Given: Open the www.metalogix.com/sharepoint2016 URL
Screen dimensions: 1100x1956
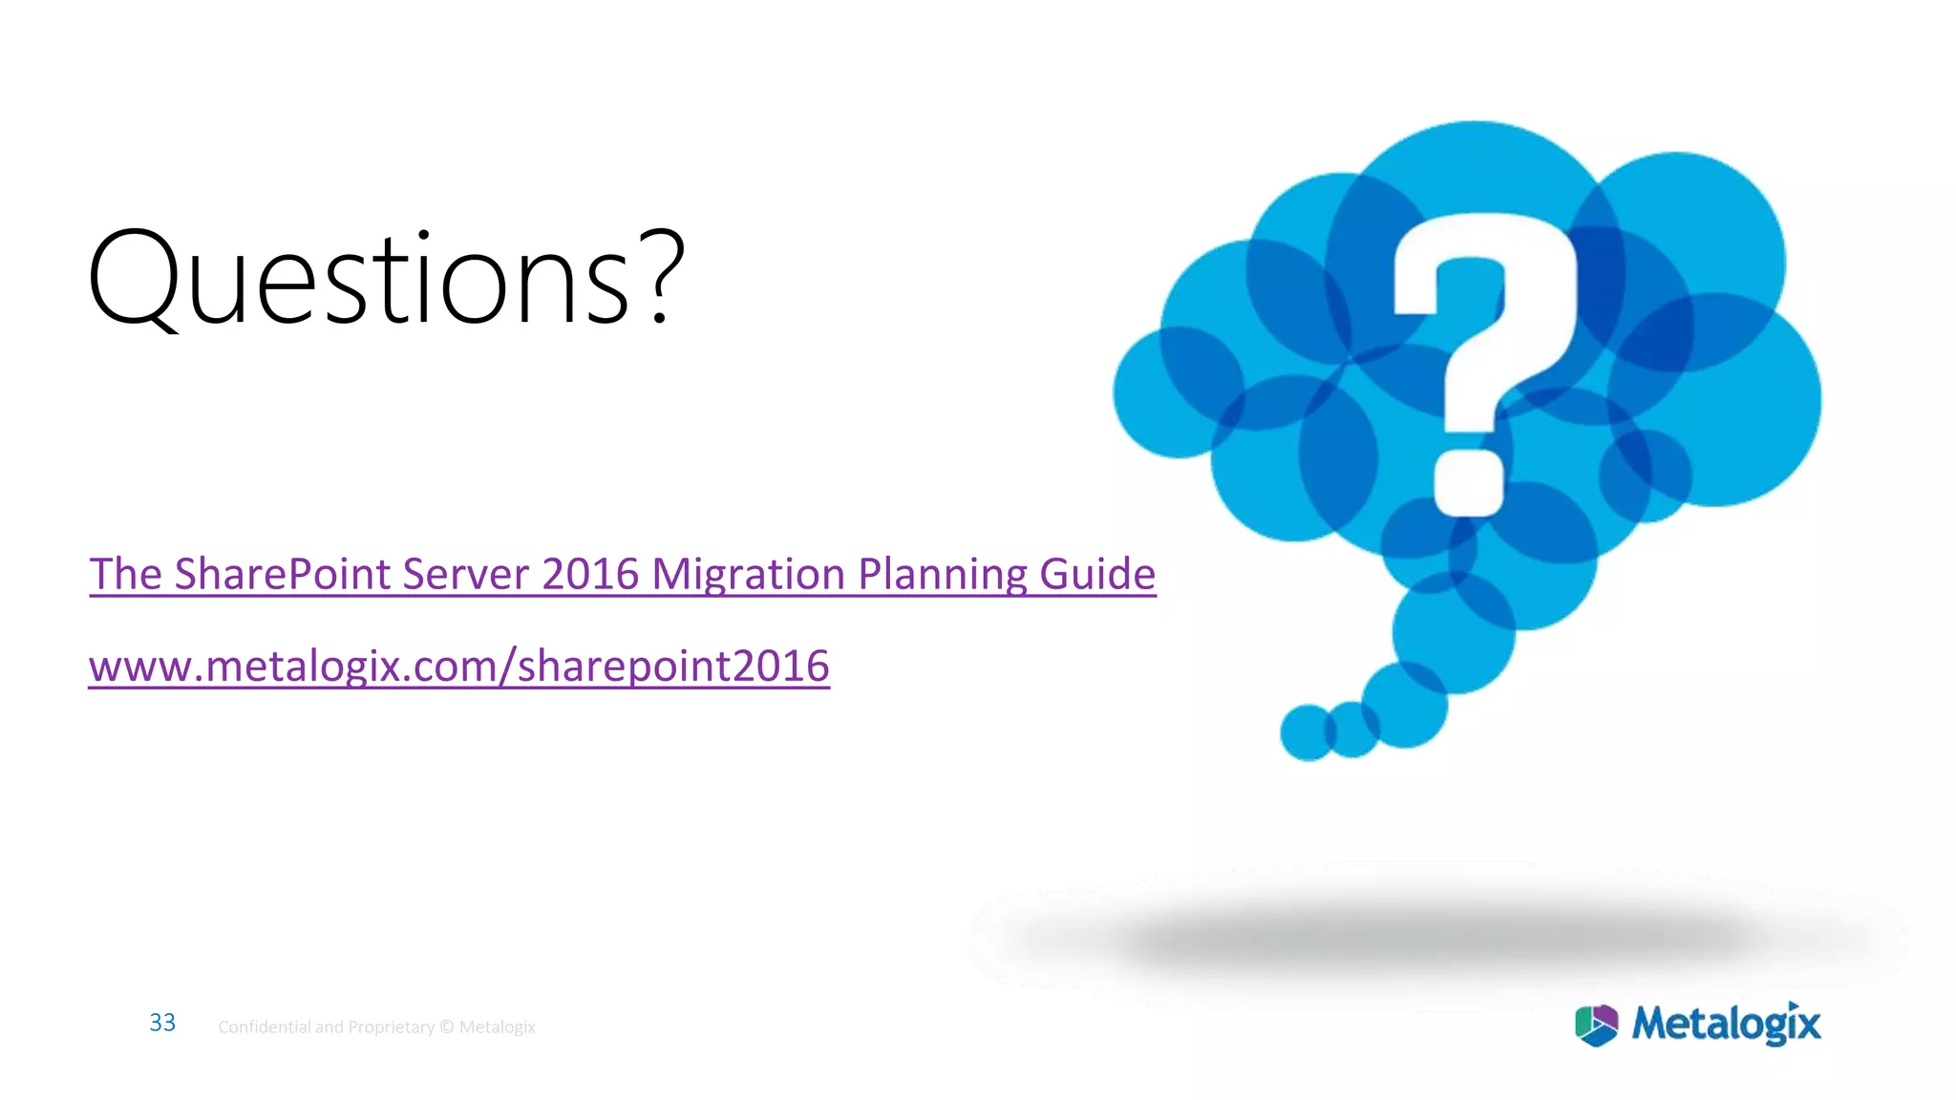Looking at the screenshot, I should [x=458, y=666].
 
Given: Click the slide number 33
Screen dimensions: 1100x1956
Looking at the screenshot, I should [x=162, y=1023].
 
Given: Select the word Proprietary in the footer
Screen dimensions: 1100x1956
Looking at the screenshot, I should [x=391, y=1027].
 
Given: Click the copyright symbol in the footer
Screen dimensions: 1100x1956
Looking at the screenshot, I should [x=447, y=1027].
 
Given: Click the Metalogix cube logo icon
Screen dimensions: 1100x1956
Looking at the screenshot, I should [x=1596, y=1025].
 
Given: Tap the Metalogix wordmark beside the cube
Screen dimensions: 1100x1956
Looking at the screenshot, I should [x=1726, y=1024].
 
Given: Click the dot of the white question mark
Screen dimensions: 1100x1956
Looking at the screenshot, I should [x=1470, y=482].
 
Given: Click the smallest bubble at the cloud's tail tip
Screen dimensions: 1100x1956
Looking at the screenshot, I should [x=1307, y=732].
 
